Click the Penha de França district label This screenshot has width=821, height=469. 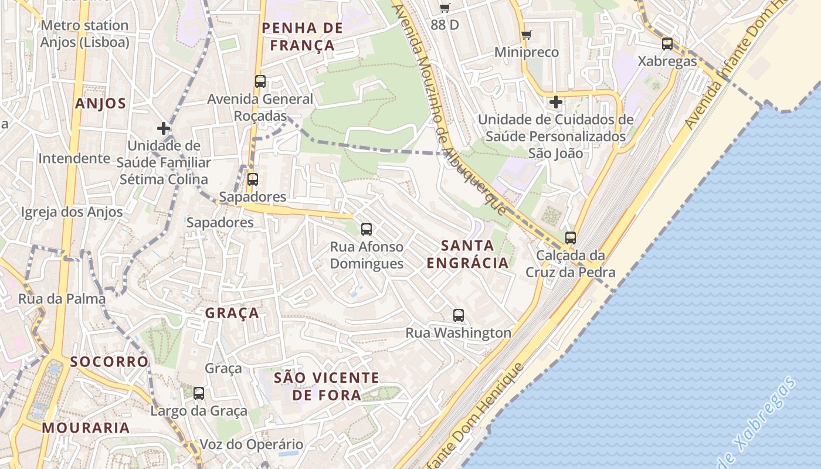point(302,36)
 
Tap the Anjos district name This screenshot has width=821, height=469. point(100,104)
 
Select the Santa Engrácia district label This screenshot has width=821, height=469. point(467,254)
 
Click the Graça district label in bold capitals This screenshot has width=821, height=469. point(232,313)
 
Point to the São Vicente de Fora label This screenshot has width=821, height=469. point(327,386)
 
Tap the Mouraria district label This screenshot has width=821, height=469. point(86,427)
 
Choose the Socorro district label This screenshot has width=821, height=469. point(110,362)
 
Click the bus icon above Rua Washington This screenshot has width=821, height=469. point(459,315)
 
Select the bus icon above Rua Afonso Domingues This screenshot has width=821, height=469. point(367,229)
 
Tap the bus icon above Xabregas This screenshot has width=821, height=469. point(667,44)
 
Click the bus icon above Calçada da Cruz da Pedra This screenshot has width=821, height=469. point(571,238)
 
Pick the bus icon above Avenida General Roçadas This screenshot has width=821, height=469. point(260,81)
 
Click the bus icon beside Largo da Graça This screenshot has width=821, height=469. point(199,393)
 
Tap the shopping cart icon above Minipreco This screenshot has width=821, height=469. point(527,35)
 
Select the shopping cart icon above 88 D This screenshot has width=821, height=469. point(445,8)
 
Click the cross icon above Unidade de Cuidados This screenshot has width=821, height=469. point(555,103)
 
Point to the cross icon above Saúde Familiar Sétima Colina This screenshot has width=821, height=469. point(164,128)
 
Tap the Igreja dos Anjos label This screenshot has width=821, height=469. point(72,212)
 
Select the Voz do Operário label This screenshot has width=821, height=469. point(252,444)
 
